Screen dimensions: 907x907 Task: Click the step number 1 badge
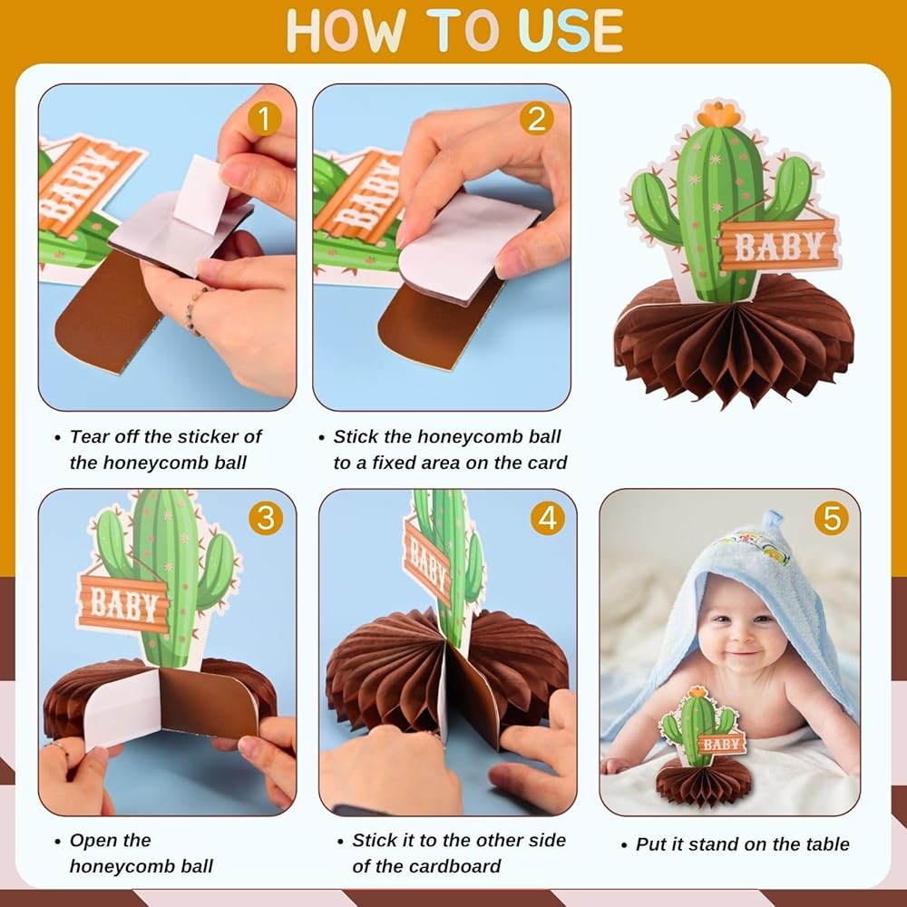pyautogui.click(x=264, y=119)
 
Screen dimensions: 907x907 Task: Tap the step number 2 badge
pyautogui.click(x=536, y=119)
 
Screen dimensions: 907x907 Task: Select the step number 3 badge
pyautogui.click(x=266, y=518)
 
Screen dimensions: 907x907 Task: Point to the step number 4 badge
pyautogui.click(x=547, y=518)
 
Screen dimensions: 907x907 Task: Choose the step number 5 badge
pyautogui.click(x=831, y=518)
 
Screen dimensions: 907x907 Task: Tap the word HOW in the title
pyautogui.click(x=346, y=31)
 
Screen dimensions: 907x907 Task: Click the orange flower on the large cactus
pyautogui.click(x=719, y=114)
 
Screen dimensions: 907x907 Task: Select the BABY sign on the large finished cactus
pyautogui.click(x=778, y=245)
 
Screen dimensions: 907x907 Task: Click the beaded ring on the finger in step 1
pyautogui.click(x=194, y=310)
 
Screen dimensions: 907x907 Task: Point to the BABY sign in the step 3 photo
pyautogui.click(x=123, y=603)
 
